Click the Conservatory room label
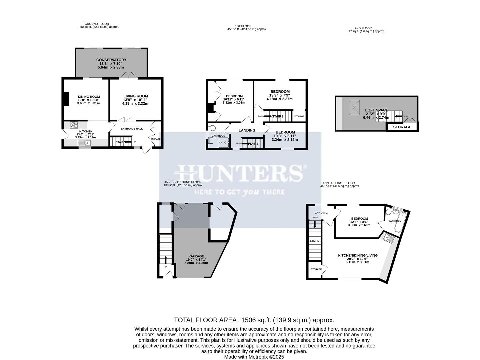111,60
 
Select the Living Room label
135,96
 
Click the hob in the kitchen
74,125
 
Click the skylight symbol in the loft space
354,107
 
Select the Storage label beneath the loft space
402,127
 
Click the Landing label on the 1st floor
247,130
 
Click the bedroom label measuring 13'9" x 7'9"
280,92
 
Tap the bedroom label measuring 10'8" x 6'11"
285,132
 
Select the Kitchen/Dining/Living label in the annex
358,255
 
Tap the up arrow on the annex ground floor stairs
166,260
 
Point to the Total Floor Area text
254,320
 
